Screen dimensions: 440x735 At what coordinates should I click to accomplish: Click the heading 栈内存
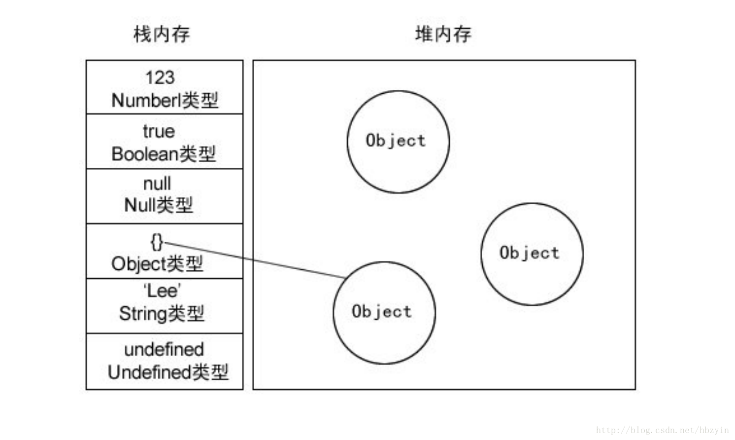pyautogui.click(x=162, y=34)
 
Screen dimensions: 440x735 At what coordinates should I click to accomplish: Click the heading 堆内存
pyautogui.click(x=443, y=34)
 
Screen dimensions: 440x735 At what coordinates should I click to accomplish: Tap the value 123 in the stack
pyautogui.click(x=160, y=77)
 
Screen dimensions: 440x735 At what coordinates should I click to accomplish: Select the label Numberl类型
pyautogui.click(x=165, y=100)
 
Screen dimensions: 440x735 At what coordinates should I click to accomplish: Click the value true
pyautogui.click(x=159, y=131)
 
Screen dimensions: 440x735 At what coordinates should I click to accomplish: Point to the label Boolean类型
pyautogui.click(x=164, y=154)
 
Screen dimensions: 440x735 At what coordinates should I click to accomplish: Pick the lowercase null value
pyautogui.click(x=157, y=183)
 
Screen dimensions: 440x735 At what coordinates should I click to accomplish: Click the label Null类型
pyautogui.click(x=159, y=205)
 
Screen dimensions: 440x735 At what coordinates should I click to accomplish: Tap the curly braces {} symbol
pyautogui.click(x=157, y=242)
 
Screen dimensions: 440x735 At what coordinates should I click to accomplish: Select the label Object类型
pyautogui.click(x=157, y=264)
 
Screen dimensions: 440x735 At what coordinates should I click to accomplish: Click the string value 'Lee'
pyautogui.click(x=162, y=291)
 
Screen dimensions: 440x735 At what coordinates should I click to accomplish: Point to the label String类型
pyautogui.click(x=162, y=313)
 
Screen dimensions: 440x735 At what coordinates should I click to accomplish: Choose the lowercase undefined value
pyautogui.click(x=164, y=349)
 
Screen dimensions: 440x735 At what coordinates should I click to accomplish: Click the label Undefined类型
pyautogui.click(x=168, y=372)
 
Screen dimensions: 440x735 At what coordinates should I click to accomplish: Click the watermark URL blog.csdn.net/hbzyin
pyautogui.click(x=662, y=430)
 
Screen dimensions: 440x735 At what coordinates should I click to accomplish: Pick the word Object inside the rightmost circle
pyautogui.click(x=530, y=253)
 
